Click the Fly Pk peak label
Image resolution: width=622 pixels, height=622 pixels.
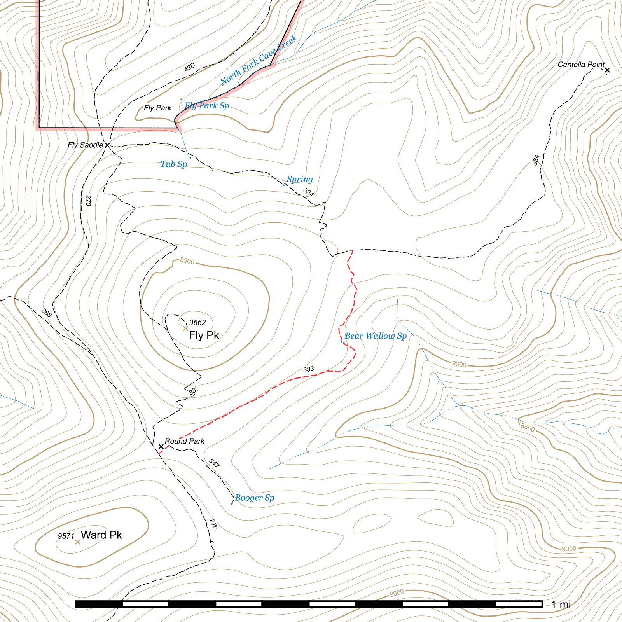coord(204,335)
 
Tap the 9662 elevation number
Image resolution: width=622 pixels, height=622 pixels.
coord(197,323)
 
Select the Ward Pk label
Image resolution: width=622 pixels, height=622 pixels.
coord(101,535)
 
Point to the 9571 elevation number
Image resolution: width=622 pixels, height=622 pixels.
coord(66,536)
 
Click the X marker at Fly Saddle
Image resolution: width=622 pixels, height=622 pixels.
coord(108,145)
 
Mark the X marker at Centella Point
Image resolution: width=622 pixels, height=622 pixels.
coord(607,70)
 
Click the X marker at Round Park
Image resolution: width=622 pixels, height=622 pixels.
coord(161,447)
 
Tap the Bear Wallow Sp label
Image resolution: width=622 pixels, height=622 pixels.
coord(376,336)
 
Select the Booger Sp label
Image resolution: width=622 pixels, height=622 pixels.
coord(255,498)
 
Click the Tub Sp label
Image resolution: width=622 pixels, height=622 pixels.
coord(174,164)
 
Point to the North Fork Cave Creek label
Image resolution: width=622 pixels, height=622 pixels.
coord(258,61)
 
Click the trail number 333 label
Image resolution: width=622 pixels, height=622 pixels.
coord(308,369)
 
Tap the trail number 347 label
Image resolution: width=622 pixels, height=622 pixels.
coord(214,463)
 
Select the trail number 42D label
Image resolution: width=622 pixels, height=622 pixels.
coord(189,67)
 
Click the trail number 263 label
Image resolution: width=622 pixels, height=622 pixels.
coord(46,313)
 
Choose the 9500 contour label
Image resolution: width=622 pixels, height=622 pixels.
coord(187,261)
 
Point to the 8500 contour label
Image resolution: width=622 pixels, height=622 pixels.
coord(528,427)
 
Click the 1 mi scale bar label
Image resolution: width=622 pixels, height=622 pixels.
coord(561,605)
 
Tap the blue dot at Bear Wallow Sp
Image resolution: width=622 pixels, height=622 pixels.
coord(341,342)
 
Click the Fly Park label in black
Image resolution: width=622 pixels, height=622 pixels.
coord(157,108)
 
